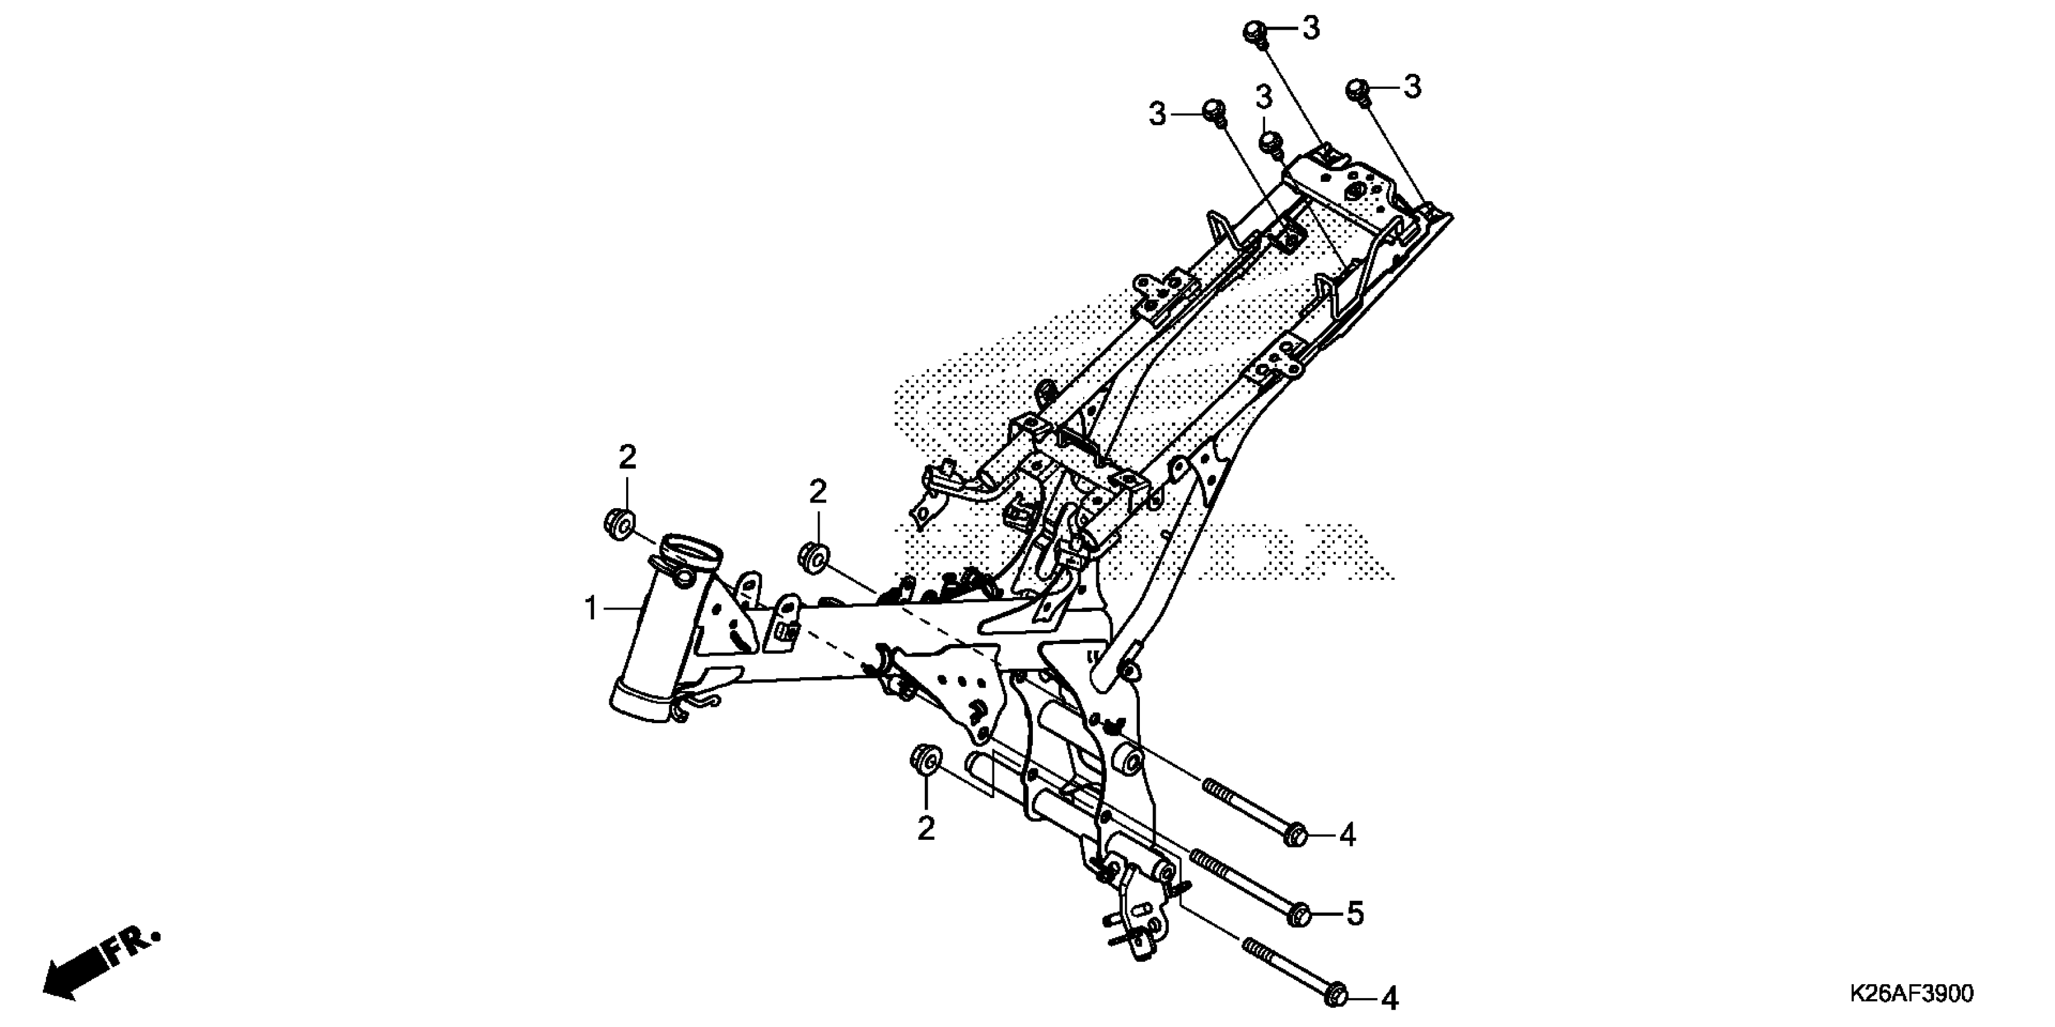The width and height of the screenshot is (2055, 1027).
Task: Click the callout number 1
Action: [591, 609]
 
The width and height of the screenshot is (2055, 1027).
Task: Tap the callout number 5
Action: [1355, 915]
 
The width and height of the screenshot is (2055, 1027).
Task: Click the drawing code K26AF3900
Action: [1911, 994]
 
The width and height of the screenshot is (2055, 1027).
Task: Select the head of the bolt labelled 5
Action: [1299, 915]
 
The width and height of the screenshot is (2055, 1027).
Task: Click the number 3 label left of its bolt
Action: [1157, 115]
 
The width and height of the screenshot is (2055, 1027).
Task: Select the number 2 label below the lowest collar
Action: [925, 829]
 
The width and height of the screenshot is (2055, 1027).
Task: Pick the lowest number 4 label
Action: [1390, 998]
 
